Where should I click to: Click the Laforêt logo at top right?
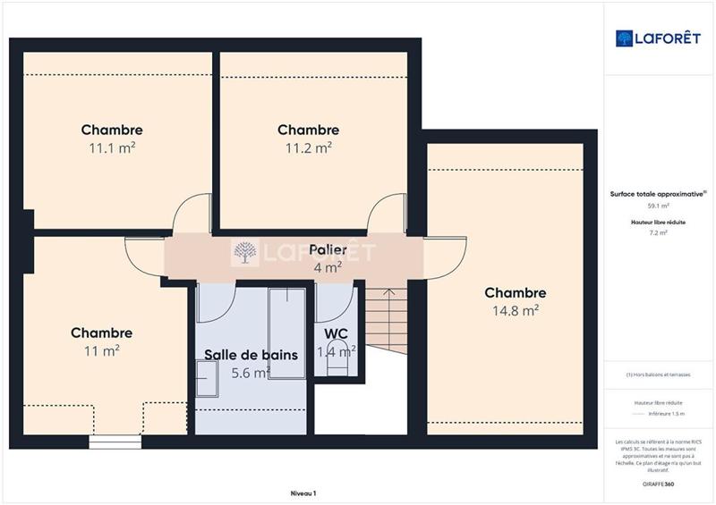658,38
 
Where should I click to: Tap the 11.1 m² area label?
112,148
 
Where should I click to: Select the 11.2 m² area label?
309,148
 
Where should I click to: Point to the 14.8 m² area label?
516,311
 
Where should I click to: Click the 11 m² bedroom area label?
102,351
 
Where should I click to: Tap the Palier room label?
328,249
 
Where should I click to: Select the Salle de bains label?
251,355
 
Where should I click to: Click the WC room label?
337,334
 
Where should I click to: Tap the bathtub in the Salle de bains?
286,332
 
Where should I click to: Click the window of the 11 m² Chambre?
115,441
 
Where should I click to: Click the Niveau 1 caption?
303,492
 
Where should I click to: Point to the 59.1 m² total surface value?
658,206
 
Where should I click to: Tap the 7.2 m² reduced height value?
658,232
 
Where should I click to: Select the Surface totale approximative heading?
658,193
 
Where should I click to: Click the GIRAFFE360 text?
658,484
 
